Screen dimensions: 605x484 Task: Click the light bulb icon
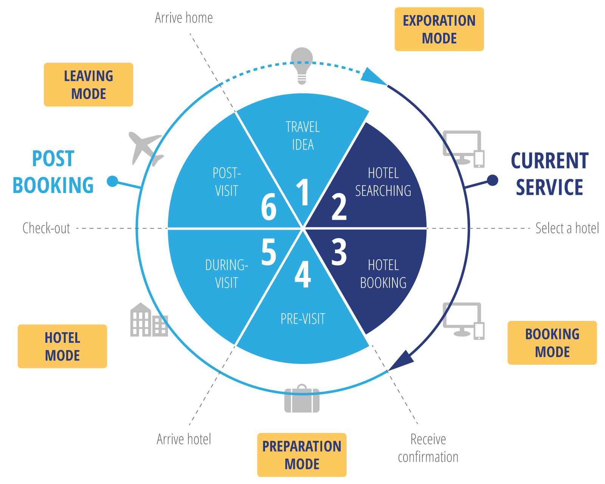point(302,66)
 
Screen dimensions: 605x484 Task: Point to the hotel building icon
point(149,320)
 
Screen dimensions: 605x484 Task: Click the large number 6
point(268,207)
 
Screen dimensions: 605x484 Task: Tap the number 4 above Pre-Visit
point(302,274)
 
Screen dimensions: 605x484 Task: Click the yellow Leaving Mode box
point(88,85)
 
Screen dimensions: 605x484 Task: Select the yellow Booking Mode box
point(552,343)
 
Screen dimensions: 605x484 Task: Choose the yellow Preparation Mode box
point(302,455)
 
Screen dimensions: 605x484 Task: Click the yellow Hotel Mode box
point(62,346)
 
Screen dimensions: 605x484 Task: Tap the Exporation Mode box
point(439,29)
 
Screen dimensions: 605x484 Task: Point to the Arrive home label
point(184,18)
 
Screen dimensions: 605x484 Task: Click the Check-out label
point(46,228)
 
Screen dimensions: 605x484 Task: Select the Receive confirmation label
point(428,448)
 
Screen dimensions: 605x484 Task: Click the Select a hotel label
point(567,228)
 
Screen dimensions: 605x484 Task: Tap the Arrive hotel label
point(184,439)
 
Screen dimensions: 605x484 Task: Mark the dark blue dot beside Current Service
point(492,180)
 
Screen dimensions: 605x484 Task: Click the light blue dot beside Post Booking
point(112,181)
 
